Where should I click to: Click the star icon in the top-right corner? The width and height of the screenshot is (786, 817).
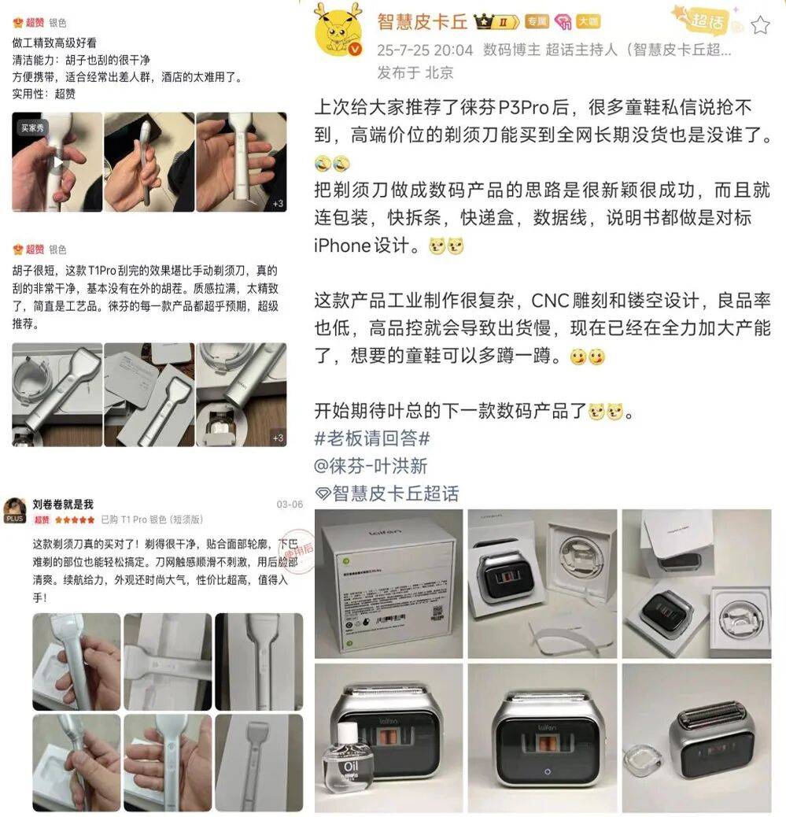pos(760,25)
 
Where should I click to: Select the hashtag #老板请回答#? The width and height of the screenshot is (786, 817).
pos(372,438)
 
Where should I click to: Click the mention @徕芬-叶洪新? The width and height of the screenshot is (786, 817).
pos(371,466)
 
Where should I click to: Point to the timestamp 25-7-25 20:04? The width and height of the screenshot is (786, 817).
pos(425,50)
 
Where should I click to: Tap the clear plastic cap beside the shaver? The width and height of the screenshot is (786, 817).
pos(643,759)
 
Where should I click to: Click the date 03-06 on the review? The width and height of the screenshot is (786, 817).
pos(289,505)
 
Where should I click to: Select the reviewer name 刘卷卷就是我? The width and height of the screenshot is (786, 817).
pos(63,505)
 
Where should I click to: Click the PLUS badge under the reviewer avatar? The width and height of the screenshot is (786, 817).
pos(15,519)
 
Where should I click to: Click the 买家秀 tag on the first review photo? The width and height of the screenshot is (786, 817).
pos(32,127)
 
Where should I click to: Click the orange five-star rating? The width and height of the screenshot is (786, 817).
pos(74,520)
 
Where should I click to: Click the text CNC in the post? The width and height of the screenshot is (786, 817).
pos(549,301)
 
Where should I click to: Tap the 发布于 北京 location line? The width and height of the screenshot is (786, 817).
pos(415,73)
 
